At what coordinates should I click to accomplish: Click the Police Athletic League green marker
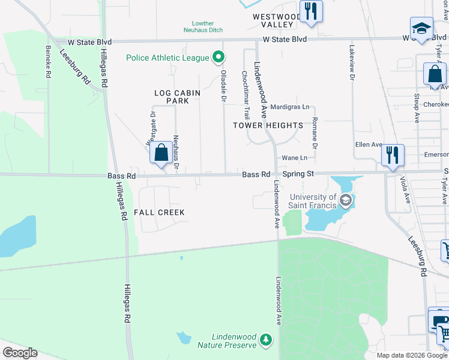tap(218, 58)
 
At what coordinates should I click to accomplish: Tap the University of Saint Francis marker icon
tap(345, 200)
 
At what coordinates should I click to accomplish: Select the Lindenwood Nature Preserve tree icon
tap(265, 341)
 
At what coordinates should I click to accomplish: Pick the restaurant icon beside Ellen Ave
tap(393, 154)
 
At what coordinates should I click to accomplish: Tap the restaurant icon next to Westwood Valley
tap(311, 12)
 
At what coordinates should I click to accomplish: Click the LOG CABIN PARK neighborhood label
tap(172, 97)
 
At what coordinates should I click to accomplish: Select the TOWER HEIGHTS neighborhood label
tap(268, 125)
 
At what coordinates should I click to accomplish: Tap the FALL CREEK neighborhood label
tap(159, 212)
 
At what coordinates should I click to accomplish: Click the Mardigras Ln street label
tap(290, 107)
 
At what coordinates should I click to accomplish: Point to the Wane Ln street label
tap(295, 158)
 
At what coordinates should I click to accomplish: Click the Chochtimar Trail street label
tap(246, 95)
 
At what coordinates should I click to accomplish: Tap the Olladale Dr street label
tap(224, 84)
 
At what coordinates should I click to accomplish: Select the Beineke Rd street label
tap(47, 62)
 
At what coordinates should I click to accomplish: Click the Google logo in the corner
tap(20, 353)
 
